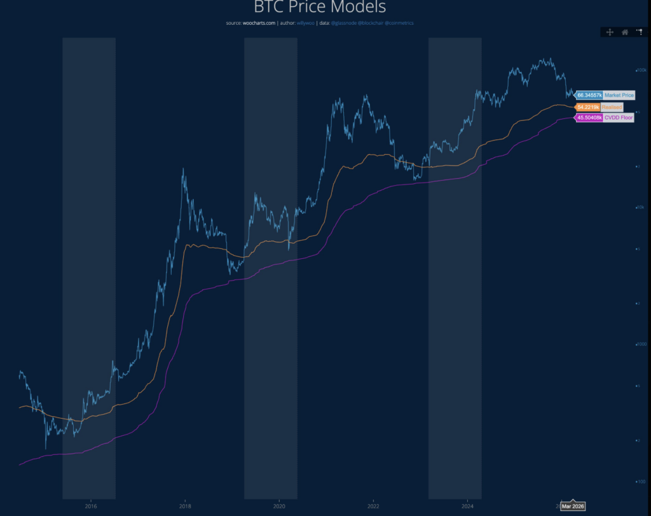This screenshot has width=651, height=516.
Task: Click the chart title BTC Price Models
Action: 320,8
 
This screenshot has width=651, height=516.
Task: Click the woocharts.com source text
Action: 259,23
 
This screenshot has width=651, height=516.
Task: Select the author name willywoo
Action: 306,23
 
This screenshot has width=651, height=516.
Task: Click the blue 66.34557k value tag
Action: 589,95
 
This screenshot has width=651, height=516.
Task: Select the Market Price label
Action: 619,95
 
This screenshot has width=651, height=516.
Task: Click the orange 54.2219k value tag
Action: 588,107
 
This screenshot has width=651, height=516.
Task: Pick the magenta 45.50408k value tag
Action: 589,118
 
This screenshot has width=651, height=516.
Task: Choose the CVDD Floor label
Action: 618,118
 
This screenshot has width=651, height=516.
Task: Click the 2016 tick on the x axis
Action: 91,506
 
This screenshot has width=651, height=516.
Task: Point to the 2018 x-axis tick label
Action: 185,506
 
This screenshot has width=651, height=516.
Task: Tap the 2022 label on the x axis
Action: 373,506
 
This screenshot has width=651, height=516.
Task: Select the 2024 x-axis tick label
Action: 467,506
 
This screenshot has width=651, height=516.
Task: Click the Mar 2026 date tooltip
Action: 573,506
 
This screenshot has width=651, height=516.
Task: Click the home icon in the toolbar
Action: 625,32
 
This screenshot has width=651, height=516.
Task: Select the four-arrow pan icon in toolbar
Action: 610,32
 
